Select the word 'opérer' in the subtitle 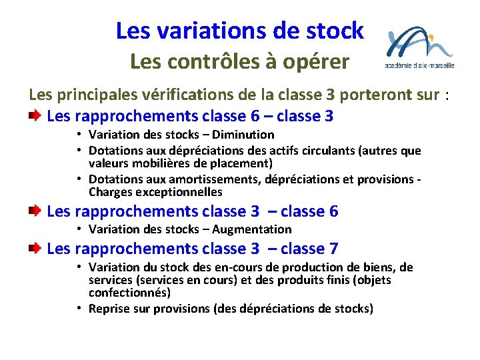pos(319,62)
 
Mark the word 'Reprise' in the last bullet pos(109,309)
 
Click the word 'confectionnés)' pos(130,293)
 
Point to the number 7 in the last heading pos(333,249)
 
